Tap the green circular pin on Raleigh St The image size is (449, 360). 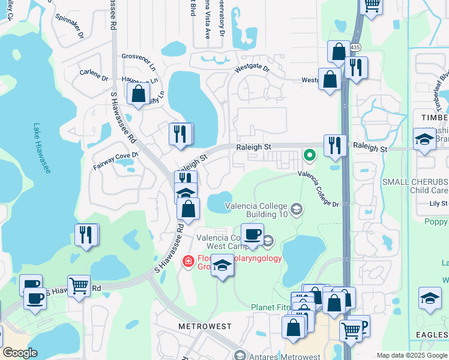pos(310,155)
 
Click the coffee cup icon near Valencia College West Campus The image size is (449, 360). pos(252,233)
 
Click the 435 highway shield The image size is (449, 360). pos(356,47)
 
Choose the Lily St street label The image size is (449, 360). pos(439,204)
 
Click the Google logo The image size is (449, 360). pos(20,353)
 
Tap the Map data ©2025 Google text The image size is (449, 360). pos(411,355)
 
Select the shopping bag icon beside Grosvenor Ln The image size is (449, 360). pos(138,94)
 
